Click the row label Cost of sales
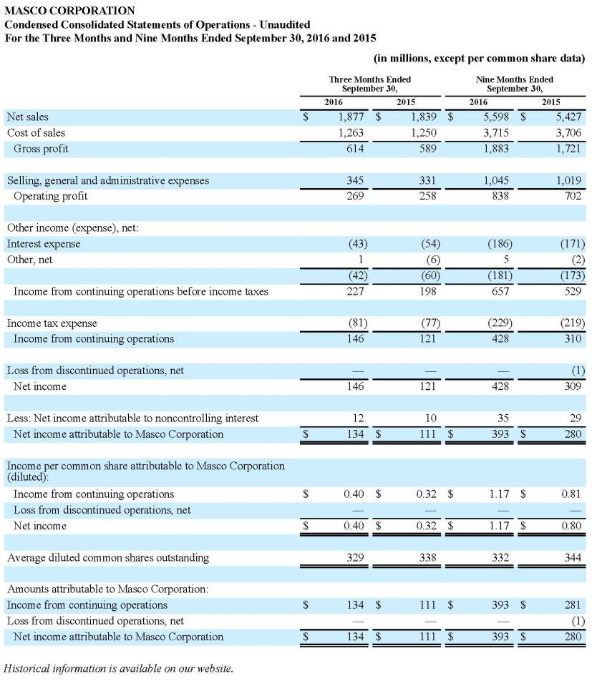[x=36, y=132]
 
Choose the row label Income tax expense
[x=52, y=323]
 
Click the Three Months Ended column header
[x=370, y=84]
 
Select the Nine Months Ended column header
[x=514, y=84]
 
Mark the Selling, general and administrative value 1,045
[x=498, y=180]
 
